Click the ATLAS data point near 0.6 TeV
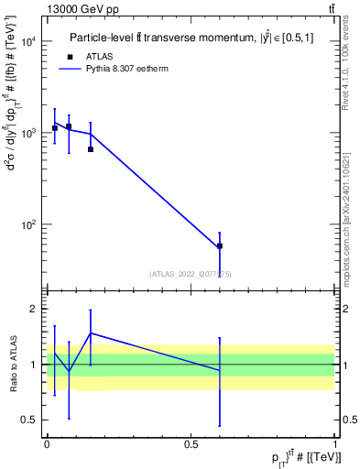(x=220, y=246)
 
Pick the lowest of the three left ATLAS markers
(x=91, y=149)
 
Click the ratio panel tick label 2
(x=34, y=310)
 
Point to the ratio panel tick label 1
(x=34, y=365)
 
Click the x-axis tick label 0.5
(x=191, y=443)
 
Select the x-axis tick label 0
(x=47, y=443)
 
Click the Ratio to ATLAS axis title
(x=12, y=365)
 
